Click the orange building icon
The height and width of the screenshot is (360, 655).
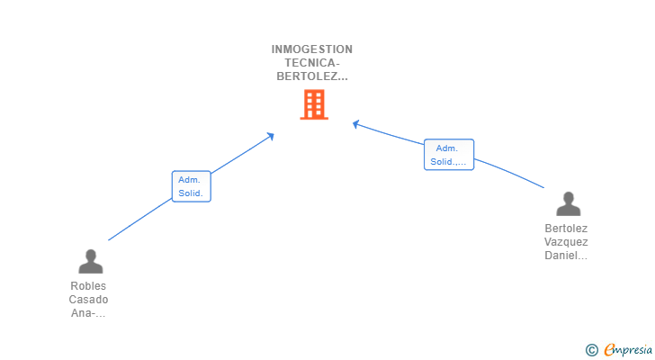click(313, 104)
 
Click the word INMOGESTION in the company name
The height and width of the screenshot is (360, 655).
click(312, 49)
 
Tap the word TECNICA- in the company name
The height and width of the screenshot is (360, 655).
click(312, 63)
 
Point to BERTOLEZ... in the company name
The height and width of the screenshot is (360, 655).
click(312, 76)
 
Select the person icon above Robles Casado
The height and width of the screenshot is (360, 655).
click(90, 261)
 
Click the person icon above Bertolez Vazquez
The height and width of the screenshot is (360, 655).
click(568, 203)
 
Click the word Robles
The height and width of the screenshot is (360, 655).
click(88, 286)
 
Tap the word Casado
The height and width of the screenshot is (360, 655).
click(88, 300)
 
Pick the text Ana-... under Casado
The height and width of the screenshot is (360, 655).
click(88, 313)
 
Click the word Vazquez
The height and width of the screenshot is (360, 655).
click(566, 242)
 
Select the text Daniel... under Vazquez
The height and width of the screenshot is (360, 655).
click(566, 256)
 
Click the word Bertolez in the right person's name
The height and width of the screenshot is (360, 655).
click(566, 229)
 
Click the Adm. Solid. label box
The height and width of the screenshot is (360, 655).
click(191, 186)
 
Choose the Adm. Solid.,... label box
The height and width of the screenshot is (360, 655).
click(449, 155)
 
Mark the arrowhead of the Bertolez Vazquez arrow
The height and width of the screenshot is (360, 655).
click(355, 123)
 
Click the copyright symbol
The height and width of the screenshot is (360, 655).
click(591, 350)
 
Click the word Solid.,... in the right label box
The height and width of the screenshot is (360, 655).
click(449, 162)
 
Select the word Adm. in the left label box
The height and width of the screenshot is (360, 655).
click(189, 180)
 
